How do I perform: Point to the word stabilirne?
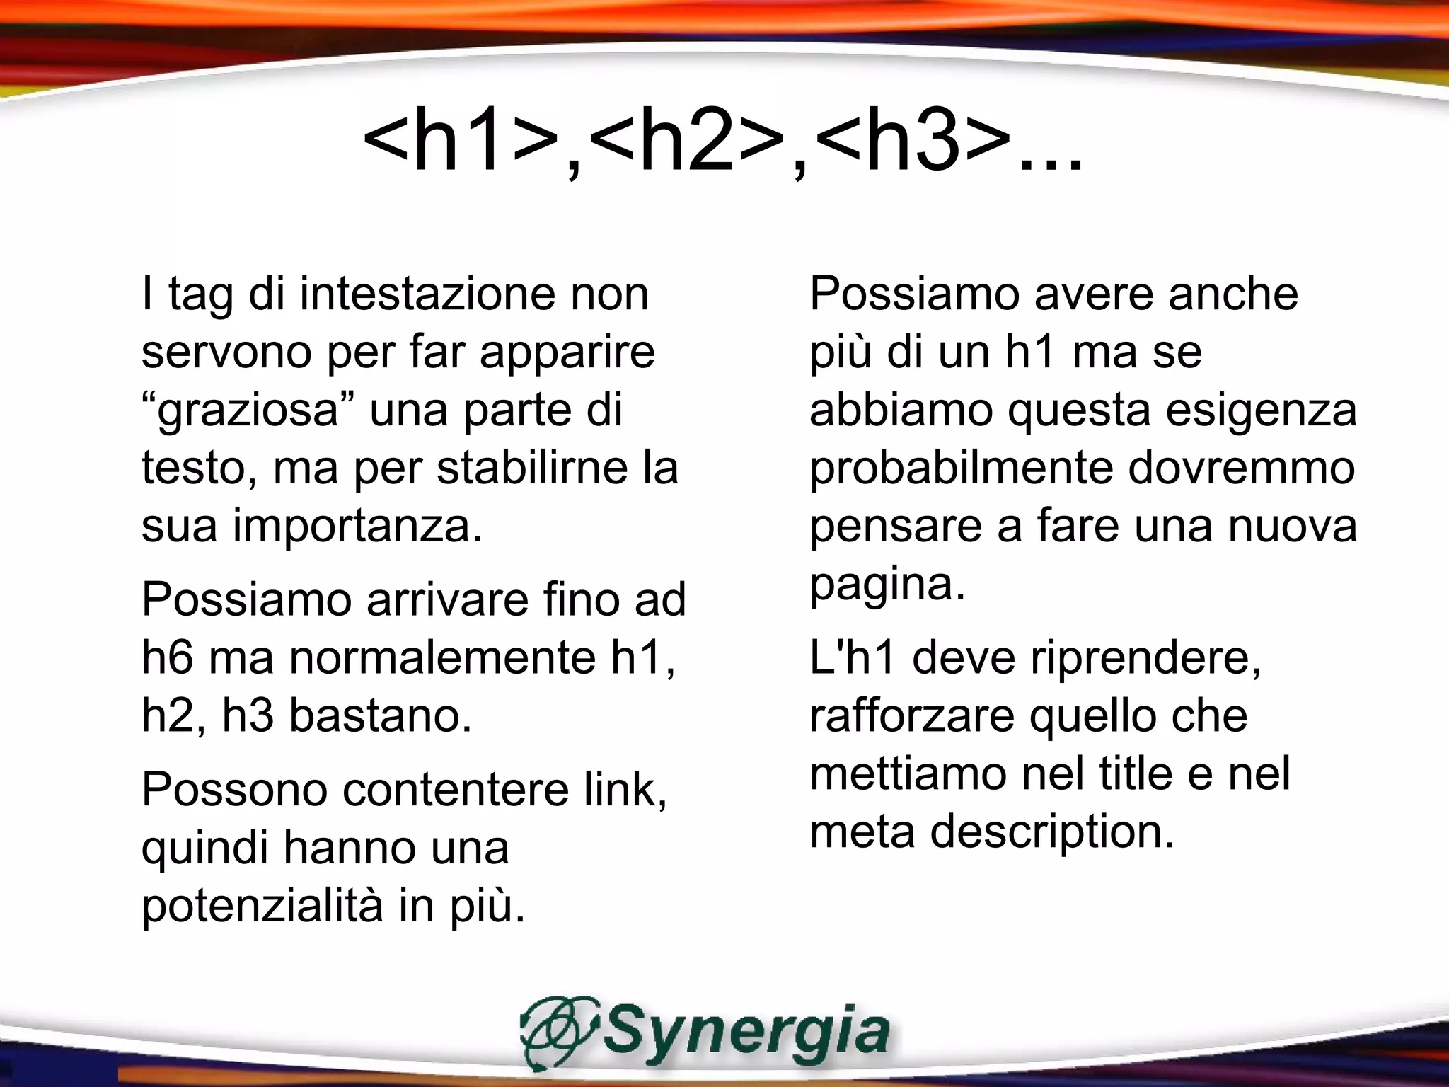click(532, 468)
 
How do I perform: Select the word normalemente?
click(443, 658)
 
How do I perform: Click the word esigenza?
click(1261, 410)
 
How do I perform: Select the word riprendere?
click(1145, 658)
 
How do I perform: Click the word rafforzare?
click(912, 716)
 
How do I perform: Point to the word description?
click(1052, 832)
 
